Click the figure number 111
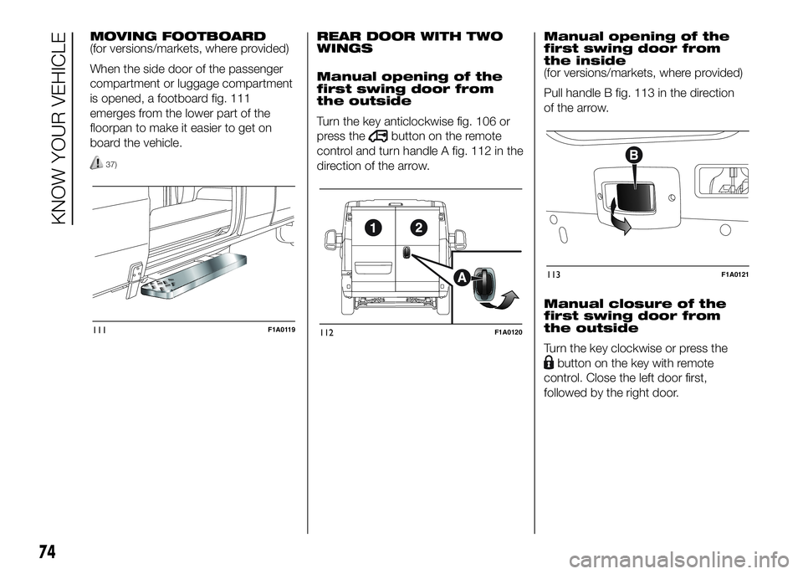(100, 331)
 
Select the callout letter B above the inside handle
(633, 155)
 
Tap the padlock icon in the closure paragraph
(548, 363)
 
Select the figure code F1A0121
(733, 272)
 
